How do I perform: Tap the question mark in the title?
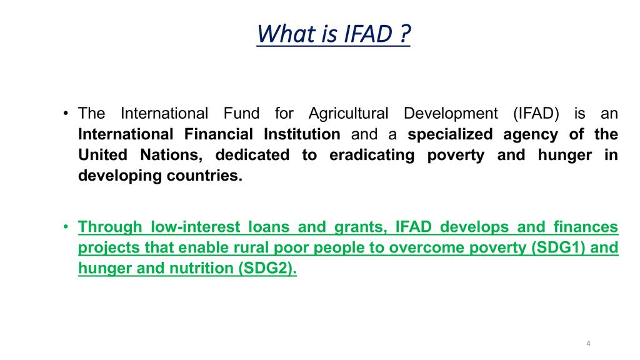point(404,34)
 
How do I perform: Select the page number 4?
point(588,343)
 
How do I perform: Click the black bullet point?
point(66,113)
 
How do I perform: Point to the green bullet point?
point(66,226)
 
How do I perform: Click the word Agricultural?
point(348,114)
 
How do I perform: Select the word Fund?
point(241,113)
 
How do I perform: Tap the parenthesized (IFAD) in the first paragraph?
point(536,114)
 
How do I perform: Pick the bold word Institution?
point(302,134)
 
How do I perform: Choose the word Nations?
point(171,155)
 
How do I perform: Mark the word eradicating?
point(372,156)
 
